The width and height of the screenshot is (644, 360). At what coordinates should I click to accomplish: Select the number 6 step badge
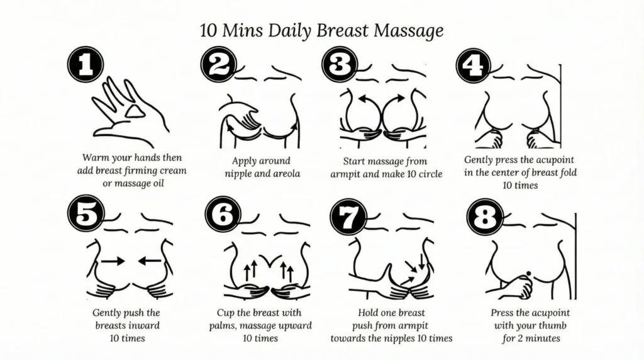click(x=223, y=216)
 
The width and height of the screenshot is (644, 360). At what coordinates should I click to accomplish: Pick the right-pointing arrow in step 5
click(x=113, y=259)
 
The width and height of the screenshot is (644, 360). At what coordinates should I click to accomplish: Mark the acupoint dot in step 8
click(x=529, y=273)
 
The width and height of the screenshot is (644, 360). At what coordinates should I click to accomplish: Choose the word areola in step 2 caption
click(x=286, y=173)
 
